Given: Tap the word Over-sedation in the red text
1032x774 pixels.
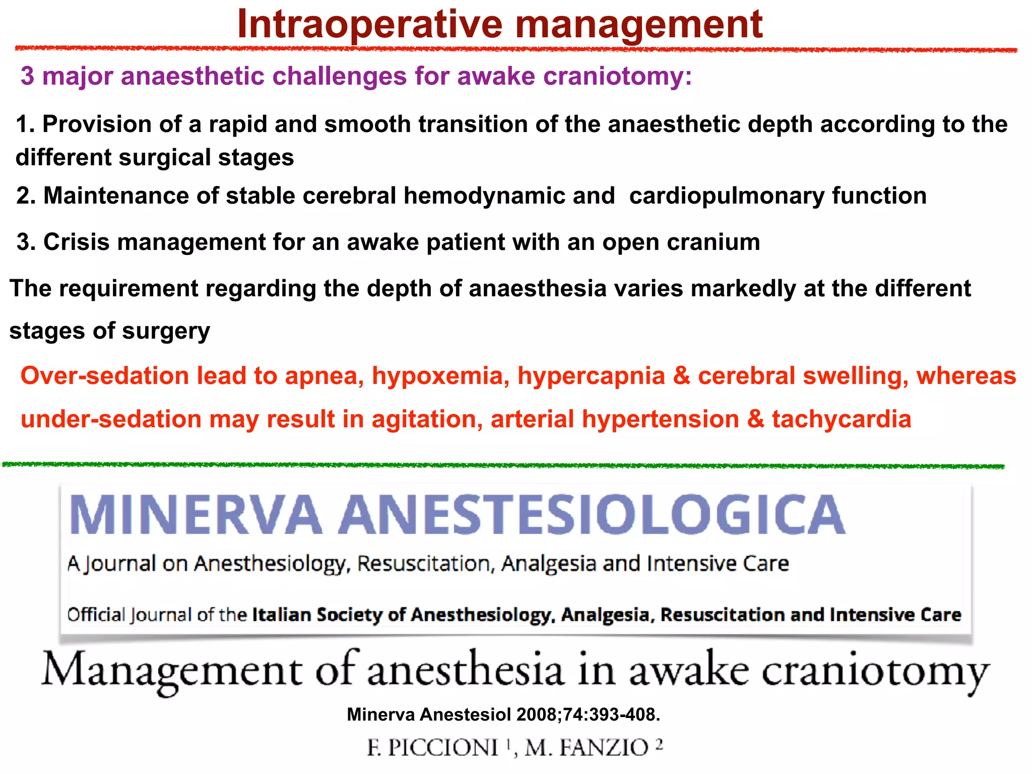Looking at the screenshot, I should (x=104, y=376).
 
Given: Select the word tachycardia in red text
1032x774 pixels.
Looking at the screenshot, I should (x=842, y=419).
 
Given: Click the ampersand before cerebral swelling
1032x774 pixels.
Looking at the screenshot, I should (x=682, y=376).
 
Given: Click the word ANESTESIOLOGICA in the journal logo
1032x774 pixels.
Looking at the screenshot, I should (x=592, y=514).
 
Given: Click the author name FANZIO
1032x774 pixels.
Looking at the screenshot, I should (x=605, y=747).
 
